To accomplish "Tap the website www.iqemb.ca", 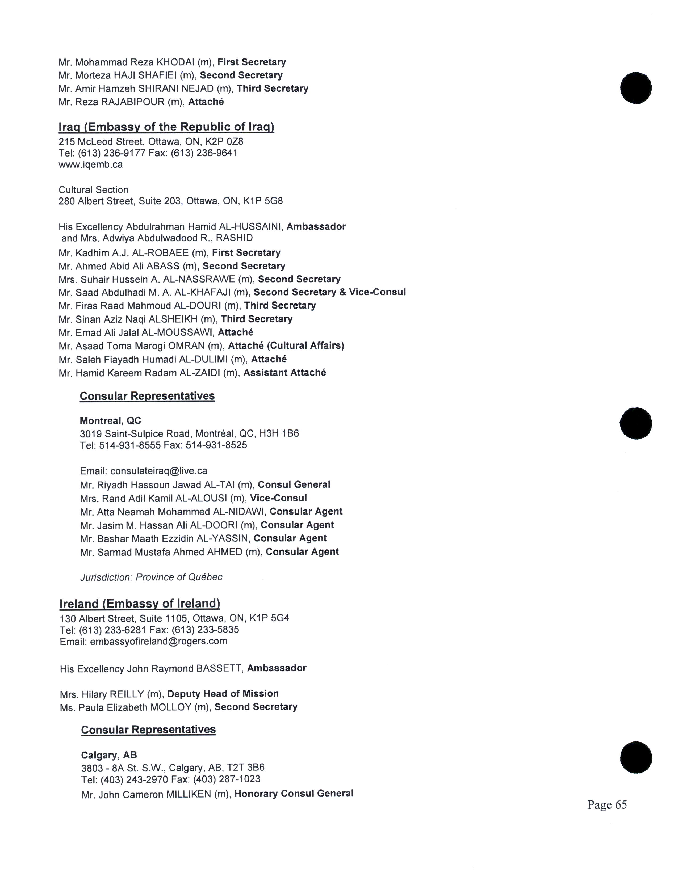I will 91,165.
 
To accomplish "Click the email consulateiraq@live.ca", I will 159,471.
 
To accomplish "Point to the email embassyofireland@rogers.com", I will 159,641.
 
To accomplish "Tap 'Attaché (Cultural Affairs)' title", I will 286,346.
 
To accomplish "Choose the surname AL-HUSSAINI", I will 251,226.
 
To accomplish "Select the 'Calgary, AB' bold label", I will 109,755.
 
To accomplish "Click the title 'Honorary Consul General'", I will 294,794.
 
